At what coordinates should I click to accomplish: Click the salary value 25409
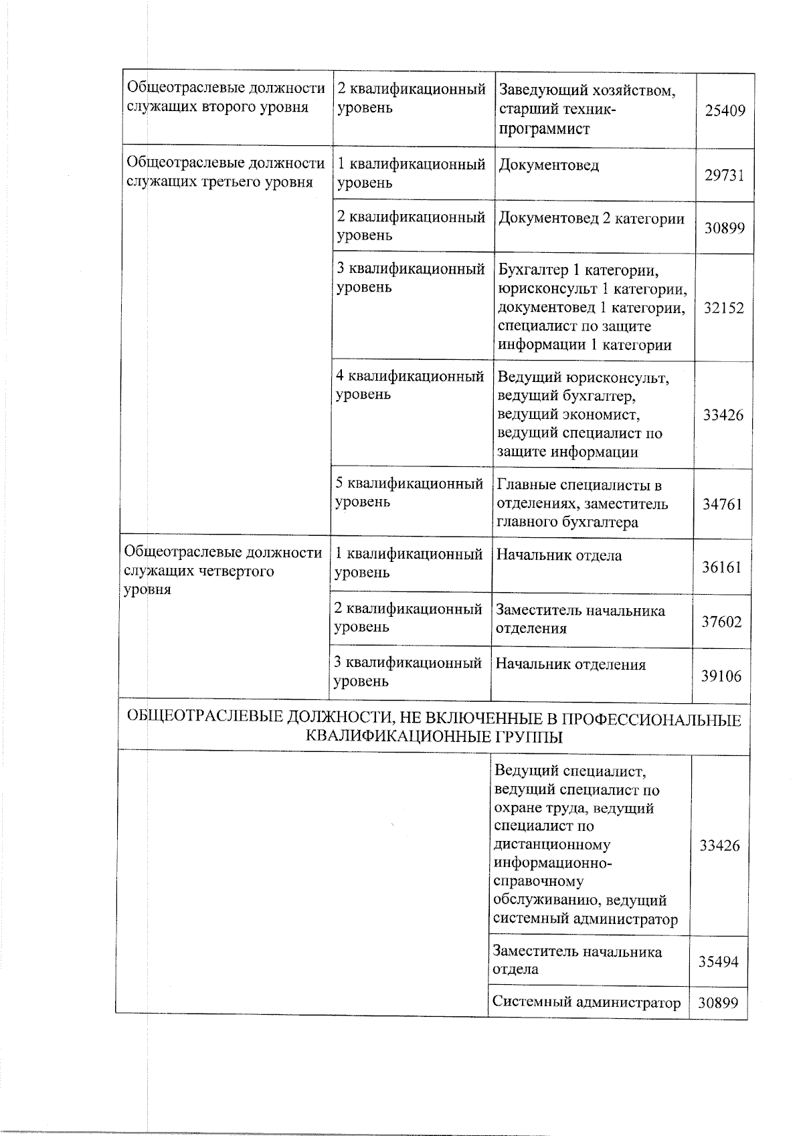pos(725,111)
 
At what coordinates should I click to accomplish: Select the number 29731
pos(724,175)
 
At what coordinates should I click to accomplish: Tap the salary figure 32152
pos(723,308)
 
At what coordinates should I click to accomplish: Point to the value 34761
pos(722,504)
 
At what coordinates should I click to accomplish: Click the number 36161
pos(721,567)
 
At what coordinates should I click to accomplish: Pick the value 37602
pos(721,622)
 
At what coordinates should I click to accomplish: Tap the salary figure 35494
pos(719,962)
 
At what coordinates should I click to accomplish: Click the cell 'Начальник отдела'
pos(559,555)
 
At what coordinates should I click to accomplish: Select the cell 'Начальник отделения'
pos(571,664)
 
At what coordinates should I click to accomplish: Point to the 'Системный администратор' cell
pos(586,1002)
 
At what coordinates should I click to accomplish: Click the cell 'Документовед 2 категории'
pos(592,219)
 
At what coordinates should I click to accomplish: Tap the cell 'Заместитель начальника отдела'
pos(577,960)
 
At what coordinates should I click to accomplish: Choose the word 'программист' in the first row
pos(544,129)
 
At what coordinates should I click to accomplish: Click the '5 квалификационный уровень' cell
pos(409,492)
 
